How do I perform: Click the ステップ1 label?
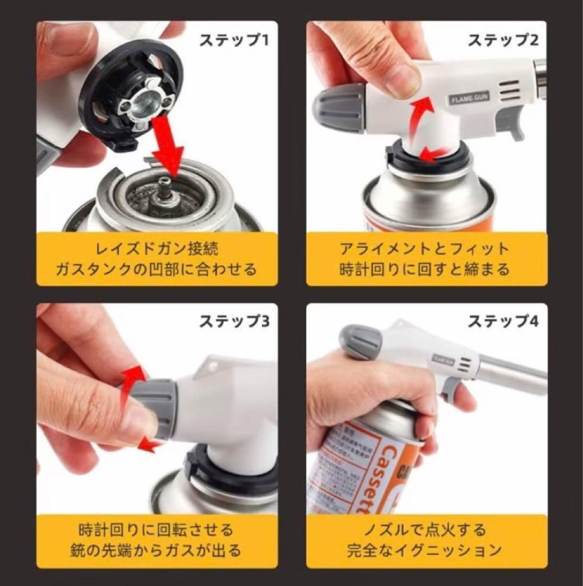pos(234,40)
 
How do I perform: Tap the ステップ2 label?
pos(503,40)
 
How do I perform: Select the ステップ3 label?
pos(234,321)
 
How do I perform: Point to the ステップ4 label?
pos(503,321)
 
